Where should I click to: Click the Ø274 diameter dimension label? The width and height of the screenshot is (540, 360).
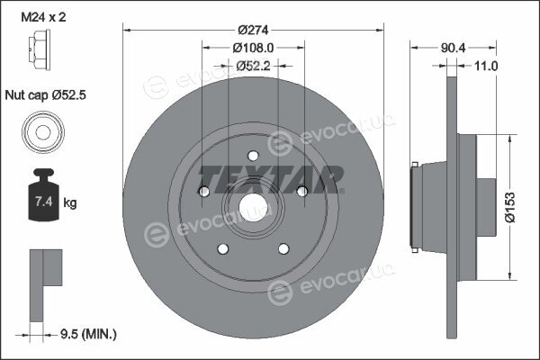coord(253,31)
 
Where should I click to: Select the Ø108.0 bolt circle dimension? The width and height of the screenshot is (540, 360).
coord(253,48)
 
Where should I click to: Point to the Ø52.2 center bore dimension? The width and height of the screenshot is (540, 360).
coord(254,66)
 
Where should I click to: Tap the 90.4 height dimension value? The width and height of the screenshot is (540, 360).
coord(453,48)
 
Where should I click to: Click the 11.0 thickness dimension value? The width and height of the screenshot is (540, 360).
coord(486,66)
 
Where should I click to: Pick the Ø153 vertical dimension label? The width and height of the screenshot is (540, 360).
coord(510,207)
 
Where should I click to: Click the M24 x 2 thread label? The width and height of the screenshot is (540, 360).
coord(43,17)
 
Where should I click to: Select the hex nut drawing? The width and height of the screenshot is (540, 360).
coord(40,49)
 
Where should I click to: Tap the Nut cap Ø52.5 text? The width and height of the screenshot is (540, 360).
coord(46,95)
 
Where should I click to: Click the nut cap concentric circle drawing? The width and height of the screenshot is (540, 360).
coord(43,132)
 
